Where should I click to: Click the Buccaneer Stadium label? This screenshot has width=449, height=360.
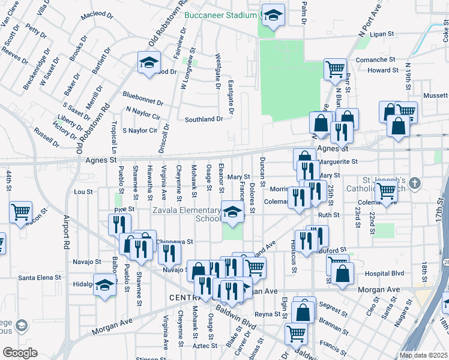pyautogui.click(x=220, y=15)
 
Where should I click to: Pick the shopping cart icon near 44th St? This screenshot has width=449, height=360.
pyautogui.click(x=21, y=212)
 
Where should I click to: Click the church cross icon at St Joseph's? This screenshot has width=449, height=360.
pyautogui.click(x=415, y=182)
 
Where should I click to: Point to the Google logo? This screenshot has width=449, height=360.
pyautogui.click(x=20, y=353)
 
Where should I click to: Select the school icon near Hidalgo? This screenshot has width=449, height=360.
pyautogui.click(x=104, y=284)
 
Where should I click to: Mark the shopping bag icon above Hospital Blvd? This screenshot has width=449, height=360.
pyautogui.click(x=342, y=273)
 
